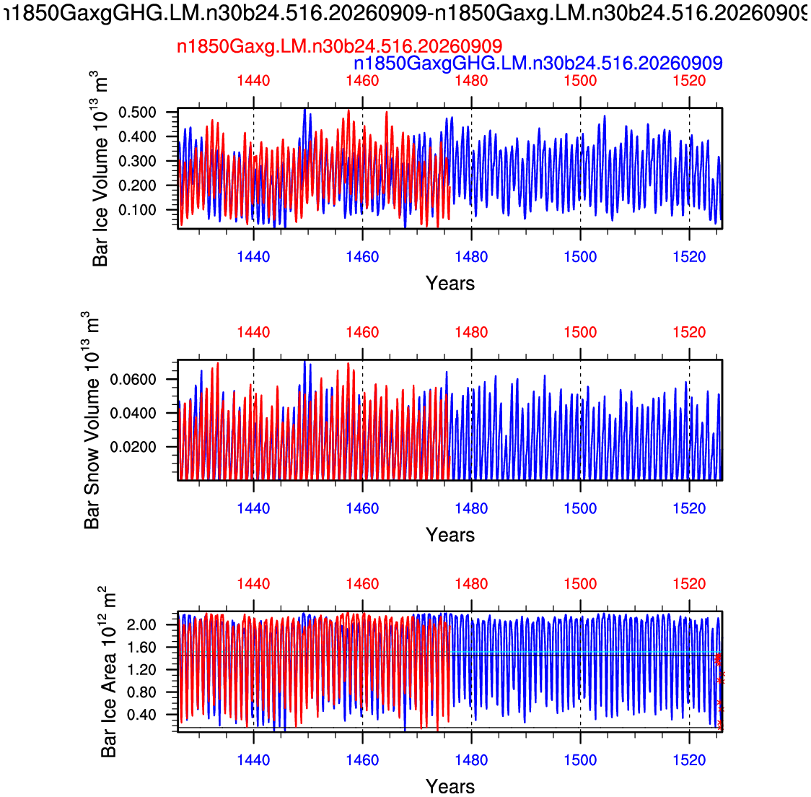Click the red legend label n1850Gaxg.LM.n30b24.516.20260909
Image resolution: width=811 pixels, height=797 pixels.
coord(339,47)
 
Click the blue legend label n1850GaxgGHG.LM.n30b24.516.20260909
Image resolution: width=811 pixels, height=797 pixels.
coord(538,64)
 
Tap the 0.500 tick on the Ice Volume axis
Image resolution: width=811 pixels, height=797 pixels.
coord(137,113)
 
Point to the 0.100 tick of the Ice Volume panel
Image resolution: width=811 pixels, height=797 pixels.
coord(137,210)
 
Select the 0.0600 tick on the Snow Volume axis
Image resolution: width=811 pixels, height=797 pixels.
coord(133,380)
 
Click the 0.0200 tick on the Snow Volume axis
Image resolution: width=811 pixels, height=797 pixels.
coord(133,447)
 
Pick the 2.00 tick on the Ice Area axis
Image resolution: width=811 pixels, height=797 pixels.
coord(141,624)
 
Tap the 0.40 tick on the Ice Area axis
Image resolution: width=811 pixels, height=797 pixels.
coord(141,715)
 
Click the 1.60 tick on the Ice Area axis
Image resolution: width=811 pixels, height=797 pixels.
coord(141,648)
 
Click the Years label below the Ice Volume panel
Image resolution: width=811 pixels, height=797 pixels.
coord(450,284)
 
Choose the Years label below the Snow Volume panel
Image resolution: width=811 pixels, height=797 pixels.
coord(450,535)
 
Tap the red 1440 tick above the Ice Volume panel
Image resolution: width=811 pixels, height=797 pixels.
coord(253,81)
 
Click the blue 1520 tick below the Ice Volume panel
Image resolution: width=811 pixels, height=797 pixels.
coord(689,257)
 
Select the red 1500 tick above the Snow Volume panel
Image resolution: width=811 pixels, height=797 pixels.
coord(580,332)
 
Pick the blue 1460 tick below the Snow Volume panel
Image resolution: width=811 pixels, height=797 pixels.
coord(363,508)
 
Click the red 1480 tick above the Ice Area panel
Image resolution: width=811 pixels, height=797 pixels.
coord(471,584)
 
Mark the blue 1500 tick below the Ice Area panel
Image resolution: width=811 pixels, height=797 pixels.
coord(580,759)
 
